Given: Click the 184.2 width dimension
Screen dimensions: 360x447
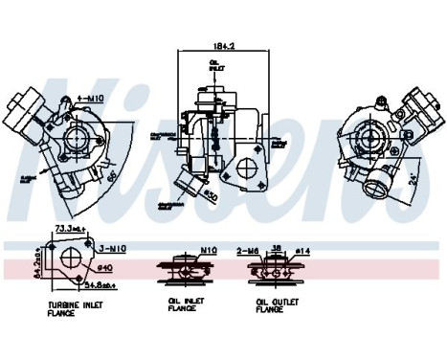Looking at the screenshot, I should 223,45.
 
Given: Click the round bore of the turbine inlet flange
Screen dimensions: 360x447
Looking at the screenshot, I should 69,263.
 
